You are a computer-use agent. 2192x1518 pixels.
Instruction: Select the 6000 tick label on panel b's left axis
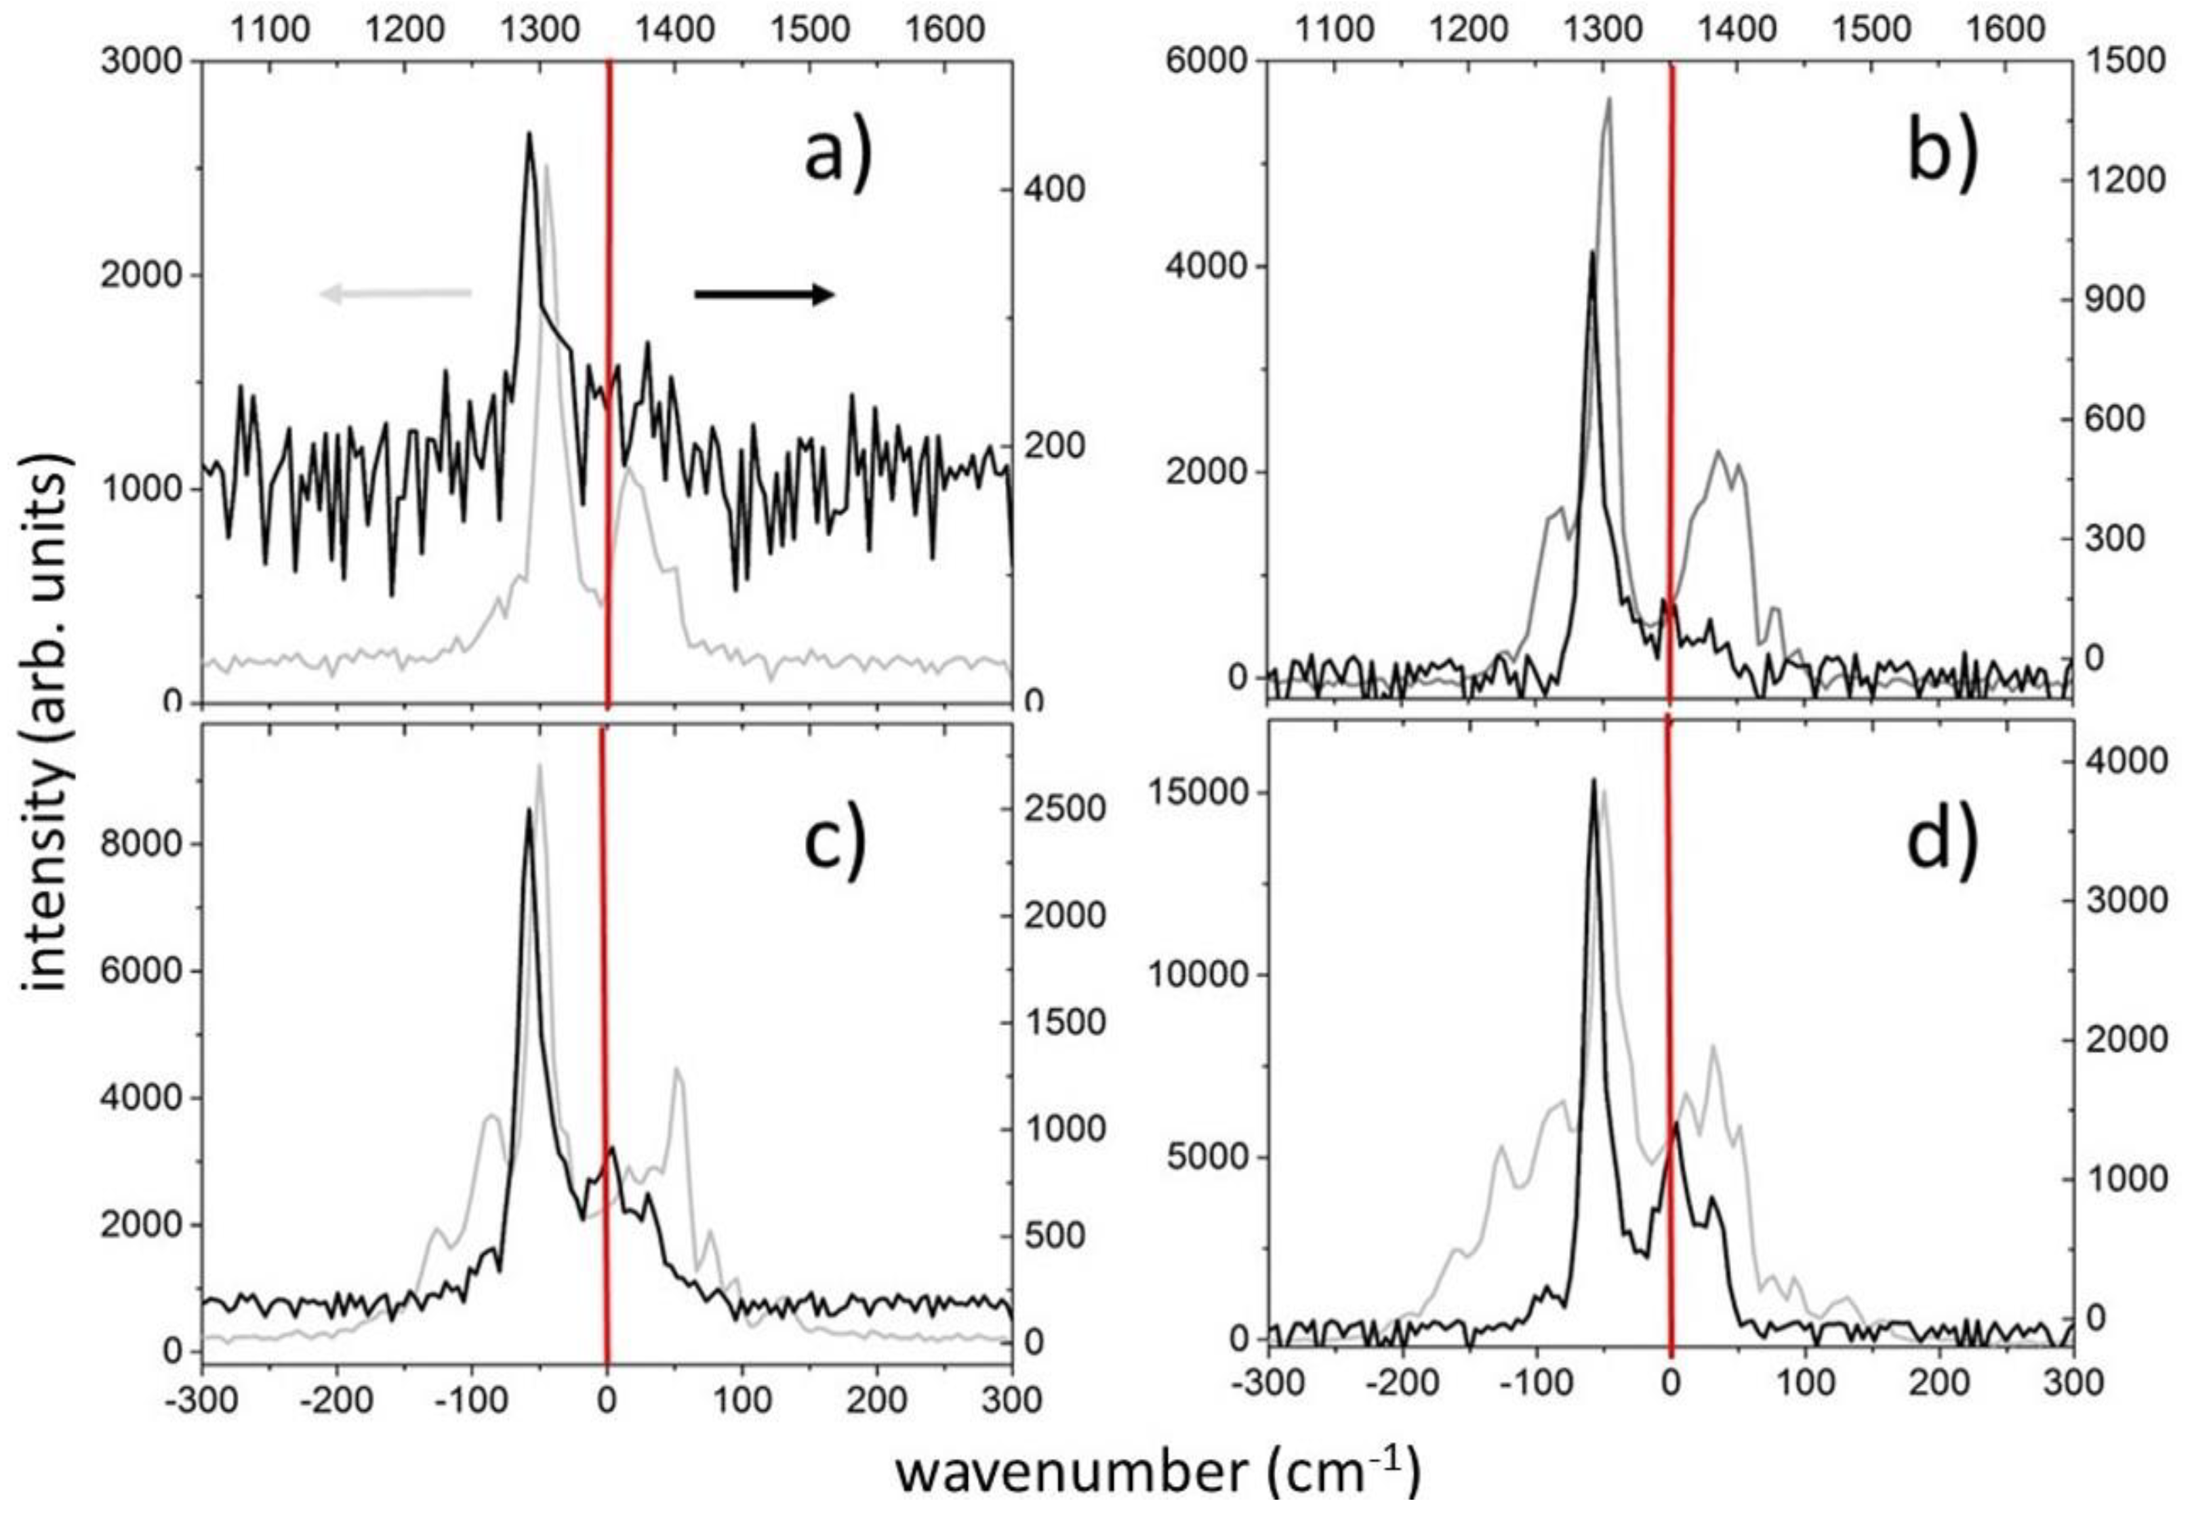[1206, 62]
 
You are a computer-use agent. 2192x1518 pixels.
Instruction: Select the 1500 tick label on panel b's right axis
[2130, 62]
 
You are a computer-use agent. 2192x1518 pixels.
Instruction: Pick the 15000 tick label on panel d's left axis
[1194, 793]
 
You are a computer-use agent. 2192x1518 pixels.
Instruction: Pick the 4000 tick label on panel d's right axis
[2130, 761]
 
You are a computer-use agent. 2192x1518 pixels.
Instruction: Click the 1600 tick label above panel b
[2006, 28]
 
